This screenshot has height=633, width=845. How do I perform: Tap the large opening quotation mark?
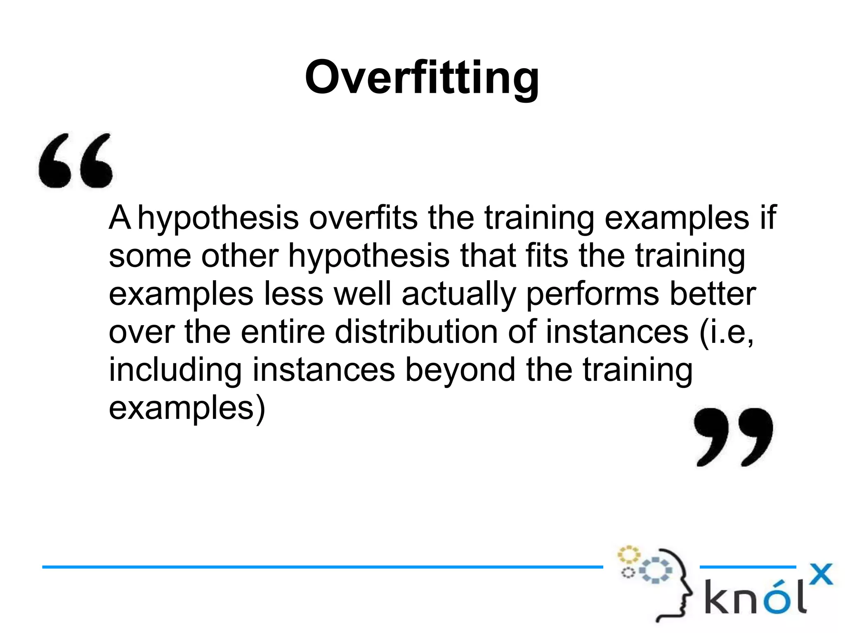tap(76, 161)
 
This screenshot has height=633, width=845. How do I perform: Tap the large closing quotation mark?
tap(733, 437)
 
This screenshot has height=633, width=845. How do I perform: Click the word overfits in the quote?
tap(363, 217)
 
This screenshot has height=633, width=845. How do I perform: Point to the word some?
tap(149, 256)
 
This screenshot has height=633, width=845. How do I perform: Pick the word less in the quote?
tap(293, 294)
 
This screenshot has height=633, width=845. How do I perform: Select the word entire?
tap(283, 332)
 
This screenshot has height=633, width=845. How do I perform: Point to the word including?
tap(175, 371)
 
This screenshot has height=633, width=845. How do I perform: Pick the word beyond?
tap(460, 371)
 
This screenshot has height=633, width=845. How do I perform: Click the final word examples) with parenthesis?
tap(186, 409)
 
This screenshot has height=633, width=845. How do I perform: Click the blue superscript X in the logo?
tap(821, 574)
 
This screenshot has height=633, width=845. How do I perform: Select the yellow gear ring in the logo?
tap(628, 555)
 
